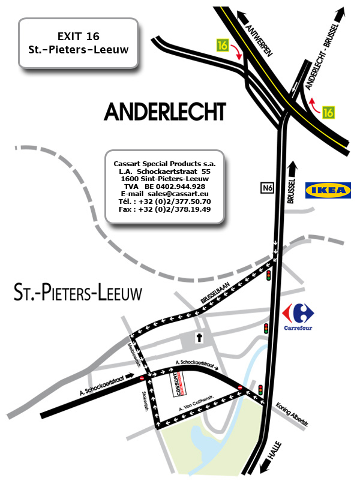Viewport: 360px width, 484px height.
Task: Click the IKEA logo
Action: coord(328,191)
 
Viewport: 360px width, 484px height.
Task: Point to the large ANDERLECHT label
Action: coord(165,111)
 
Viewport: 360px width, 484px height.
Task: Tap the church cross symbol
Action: coord(199,338)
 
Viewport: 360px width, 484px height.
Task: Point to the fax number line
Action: coord(165,209)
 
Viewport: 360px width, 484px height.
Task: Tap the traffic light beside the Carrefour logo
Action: coord(266,328)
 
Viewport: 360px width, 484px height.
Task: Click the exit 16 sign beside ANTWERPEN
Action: coord(223,44)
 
